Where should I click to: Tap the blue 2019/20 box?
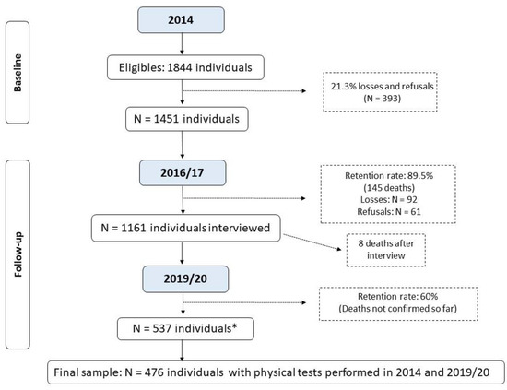point(183,277)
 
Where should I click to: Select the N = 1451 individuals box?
point(183,119)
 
